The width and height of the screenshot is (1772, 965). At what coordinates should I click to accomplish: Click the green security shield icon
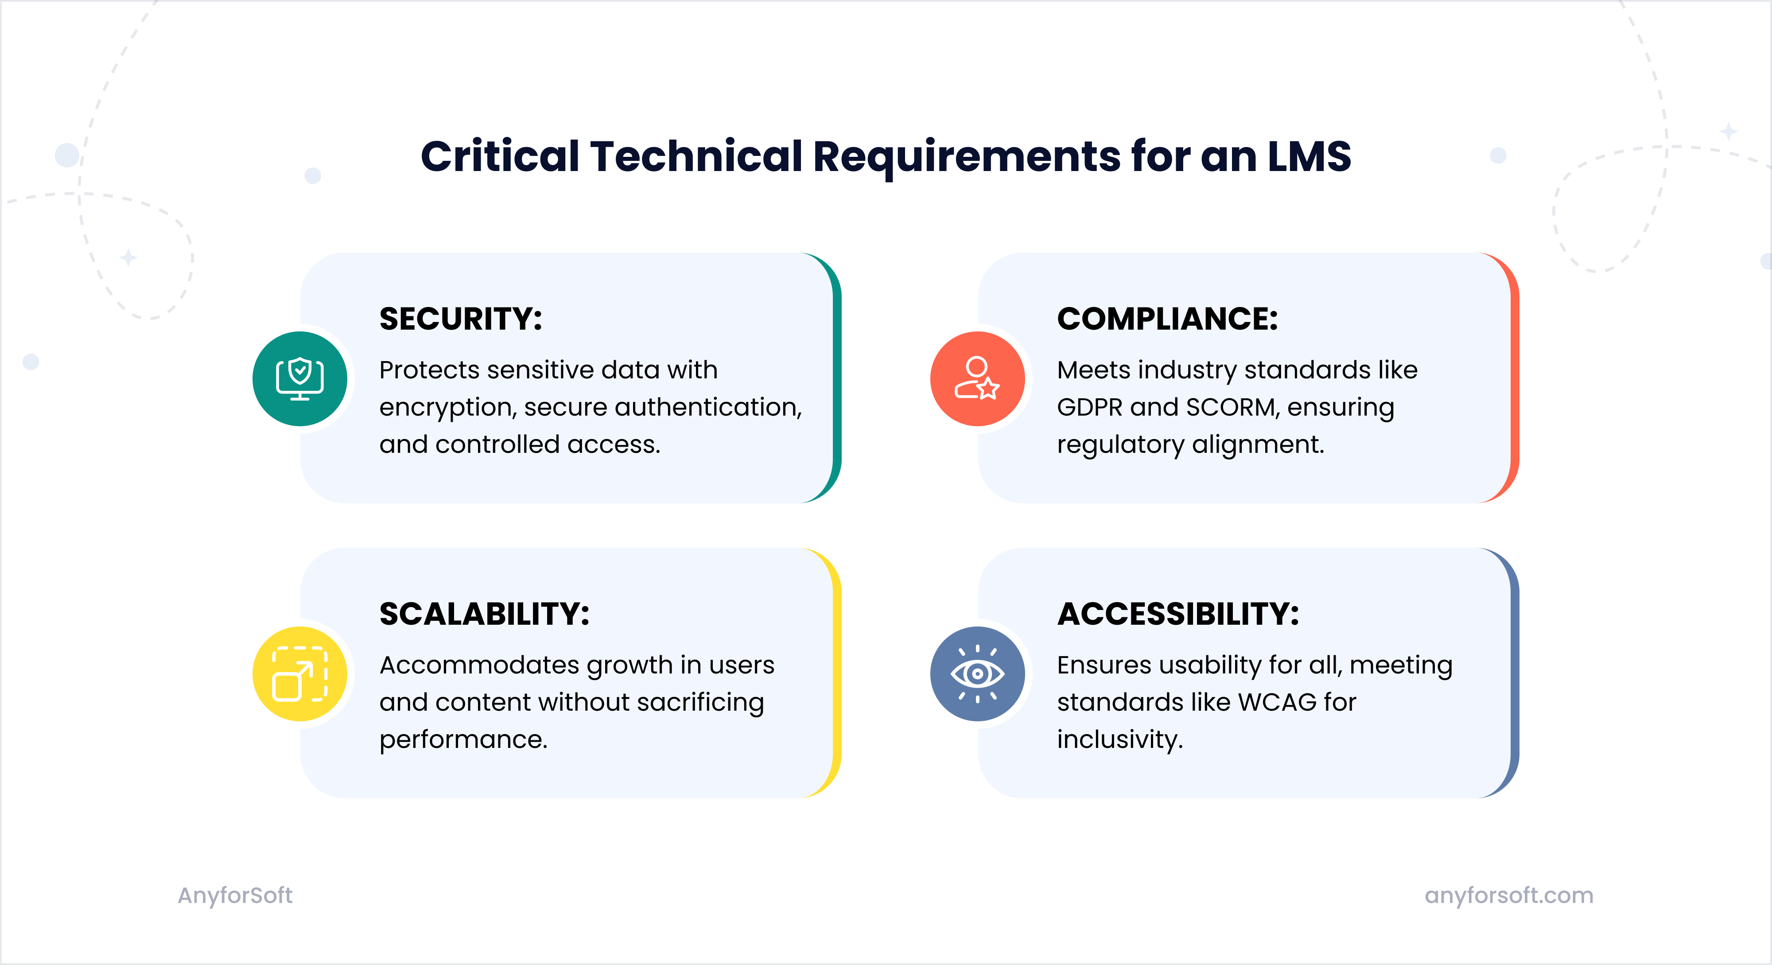pos(300,378)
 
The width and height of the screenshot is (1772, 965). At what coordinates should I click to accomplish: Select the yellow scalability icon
pos(300,673)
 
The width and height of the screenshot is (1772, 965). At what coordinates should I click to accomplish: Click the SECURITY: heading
pos(461,319)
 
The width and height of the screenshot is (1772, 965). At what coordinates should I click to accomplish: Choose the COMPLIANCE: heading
pos(1167,319)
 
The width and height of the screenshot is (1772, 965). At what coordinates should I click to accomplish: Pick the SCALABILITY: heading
pos(484,614)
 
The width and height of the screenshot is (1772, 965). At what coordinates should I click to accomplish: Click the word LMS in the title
pos(1309,157)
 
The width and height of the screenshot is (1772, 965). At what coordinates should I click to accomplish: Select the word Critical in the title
pos(500,157)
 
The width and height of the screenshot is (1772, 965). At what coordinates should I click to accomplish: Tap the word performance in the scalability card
pos(463,740)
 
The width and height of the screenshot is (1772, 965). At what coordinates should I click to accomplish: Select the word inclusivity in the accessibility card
pos(1119,740)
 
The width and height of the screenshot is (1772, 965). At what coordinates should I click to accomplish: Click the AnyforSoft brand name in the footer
pos(235,895)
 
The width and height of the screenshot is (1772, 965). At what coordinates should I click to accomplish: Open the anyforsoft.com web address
pos(1508,895)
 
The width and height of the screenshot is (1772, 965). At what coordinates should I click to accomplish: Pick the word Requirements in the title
pos(967,157)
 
